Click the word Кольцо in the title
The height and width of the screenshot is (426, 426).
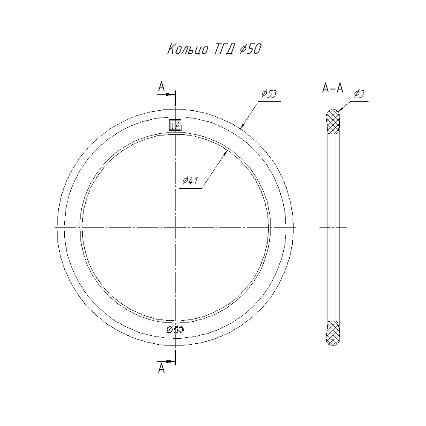(188, 49)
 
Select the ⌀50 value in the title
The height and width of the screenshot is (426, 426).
(250, 49)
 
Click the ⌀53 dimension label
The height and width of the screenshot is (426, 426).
(269, 93)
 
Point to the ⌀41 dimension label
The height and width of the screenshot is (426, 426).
(190, 180)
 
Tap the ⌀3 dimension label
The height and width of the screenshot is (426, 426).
(359, 93)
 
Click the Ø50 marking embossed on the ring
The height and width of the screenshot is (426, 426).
(175, 330)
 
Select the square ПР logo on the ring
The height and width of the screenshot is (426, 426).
(175, 125)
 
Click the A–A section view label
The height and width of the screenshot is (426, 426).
(333, 88)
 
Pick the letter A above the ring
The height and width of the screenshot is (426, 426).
(161, 86)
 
